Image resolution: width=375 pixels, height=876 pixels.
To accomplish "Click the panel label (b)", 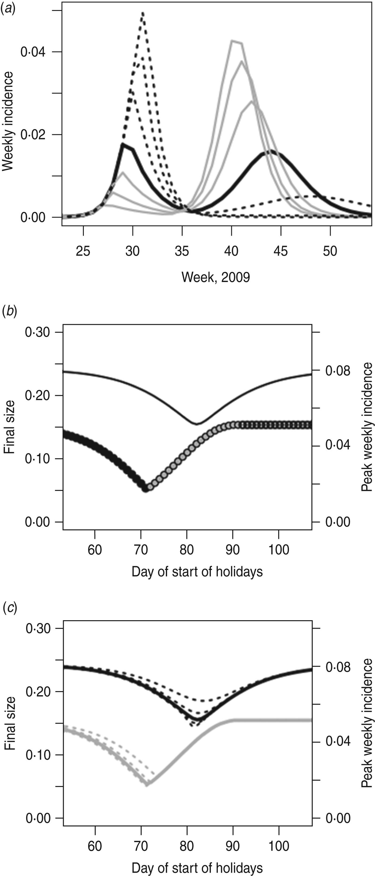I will [x=9, y=311].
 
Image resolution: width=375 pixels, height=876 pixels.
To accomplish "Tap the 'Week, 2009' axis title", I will [x=216, y=277].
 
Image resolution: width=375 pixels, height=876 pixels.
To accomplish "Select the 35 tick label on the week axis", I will [x=182, y=251].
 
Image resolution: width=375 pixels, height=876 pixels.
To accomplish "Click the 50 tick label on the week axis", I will [x=330, y=251].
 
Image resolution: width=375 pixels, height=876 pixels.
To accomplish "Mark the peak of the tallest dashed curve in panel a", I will [x=142, y=13].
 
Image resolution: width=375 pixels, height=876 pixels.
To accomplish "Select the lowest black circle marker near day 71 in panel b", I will [x=146, y=489].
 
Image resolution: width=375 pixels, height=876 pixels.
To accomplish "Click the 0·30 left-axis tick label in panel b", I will [x=37, y=332].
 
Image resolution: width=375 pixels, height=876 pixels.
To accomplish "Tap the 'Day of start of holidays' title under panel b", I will [x=197, y=572].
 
